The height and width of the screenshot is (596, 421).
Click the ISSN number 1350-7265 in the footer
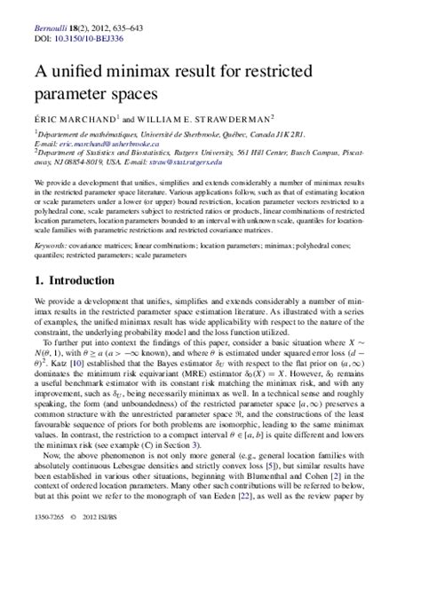[x=40, y=587]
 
